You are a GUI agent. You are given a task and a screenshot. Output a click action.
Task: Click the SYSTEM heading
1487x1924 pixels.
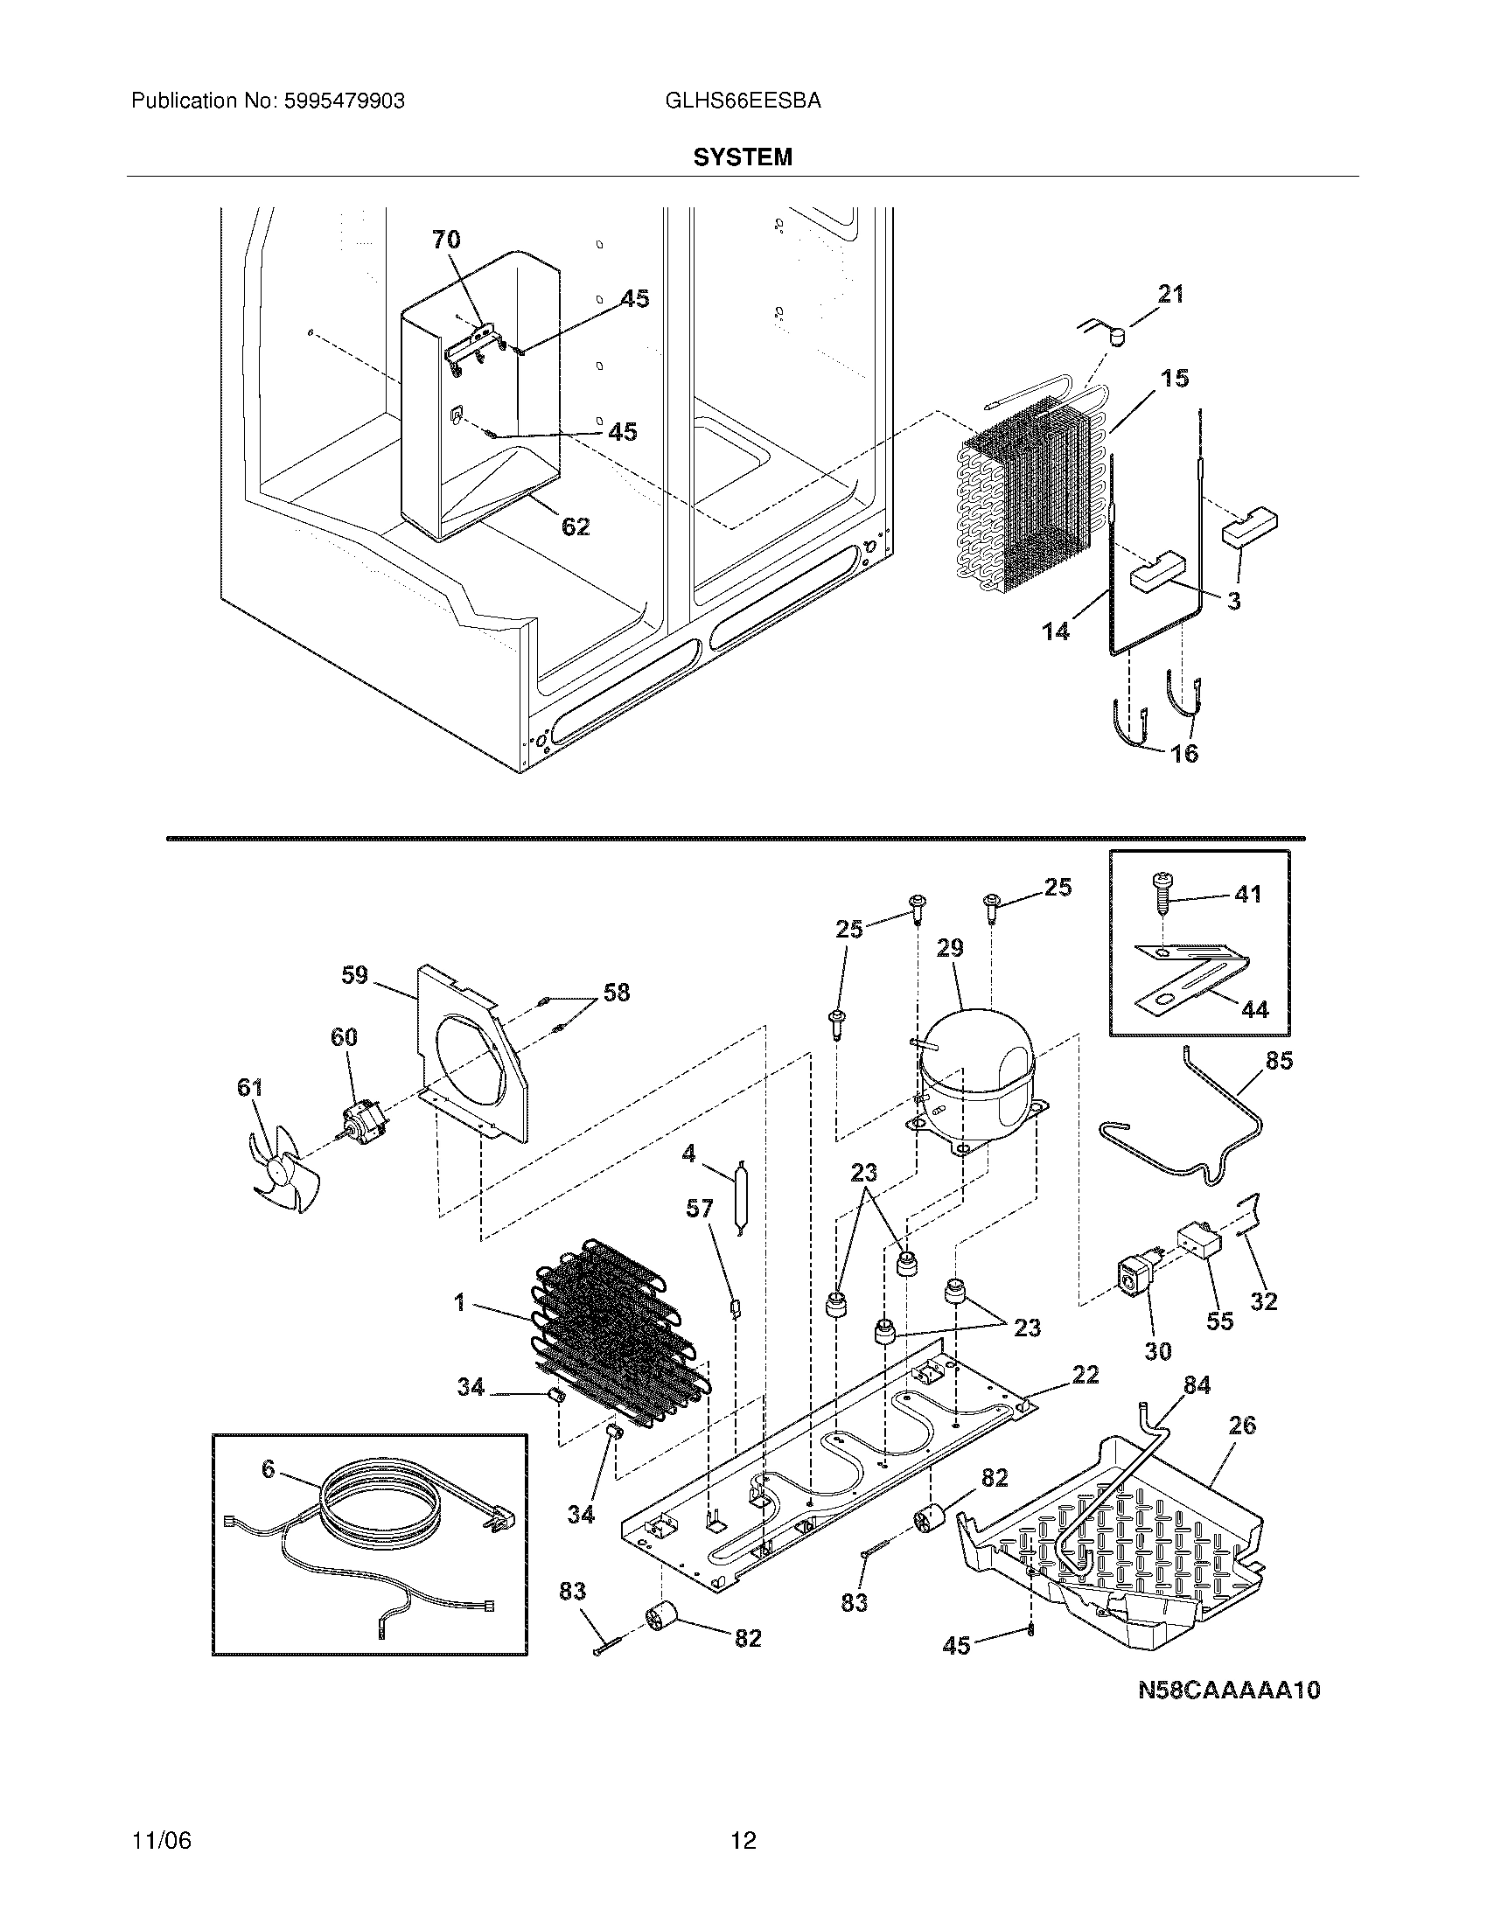tap(743, 157)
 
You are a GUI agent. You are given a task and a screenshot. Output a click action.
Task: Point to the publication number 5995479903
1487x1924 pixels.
tap(344, 101)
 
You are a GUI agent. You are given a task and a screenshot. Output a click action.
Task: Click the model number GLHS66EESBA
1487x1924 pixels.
tap(743, 101)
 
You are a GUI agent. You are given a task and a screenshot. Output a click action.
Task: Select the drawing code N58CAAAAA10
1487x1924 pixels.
tap(1229, 1690)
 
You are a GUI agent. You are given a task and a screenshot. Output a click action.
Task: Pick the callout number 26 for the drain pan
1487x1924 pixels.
tap(1241, 1426)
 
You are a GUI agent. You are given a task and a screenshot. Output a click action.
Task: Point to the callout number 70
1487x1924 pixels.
tap(446, 239)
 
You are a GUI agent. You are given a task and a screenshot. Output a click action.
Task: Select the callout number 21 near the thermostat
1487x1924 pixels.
tap(1169, 294)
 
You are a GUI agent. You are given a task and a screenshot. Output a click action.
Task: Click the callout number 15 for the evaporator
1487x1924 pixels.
tap(1174, 379)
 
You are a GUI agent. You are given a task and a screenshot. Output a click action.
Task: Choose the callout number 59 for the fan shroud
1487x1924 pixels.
tap(354, 976)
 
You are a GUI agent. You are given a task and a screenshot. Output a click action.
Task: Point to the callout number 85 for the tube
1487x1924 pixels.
tap(1278, 1062)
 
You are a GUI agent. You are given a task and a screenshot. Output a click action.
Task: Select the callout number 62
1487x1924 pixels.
tap(576, 526)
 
